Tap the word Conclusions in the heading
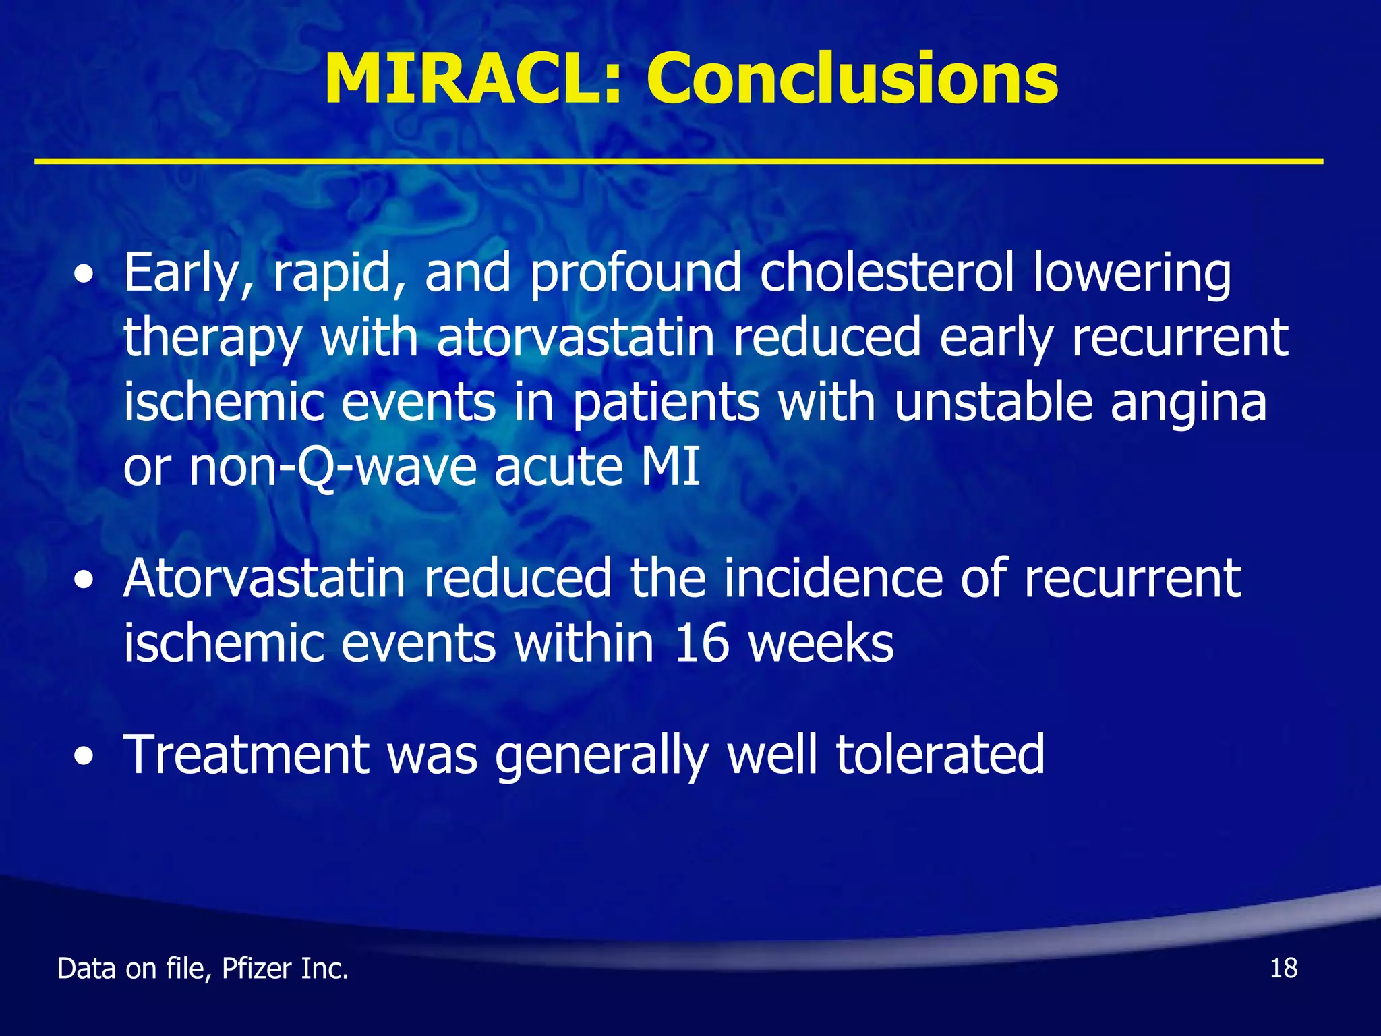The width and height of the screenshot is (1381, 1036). point(852,80)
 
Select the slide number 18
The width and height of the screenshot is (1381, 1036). point(1283,969)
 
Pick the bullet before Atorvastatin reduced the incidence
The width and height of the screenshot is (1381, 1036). point(84,580)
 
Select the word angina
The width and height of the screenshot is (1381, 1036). point(1188,403)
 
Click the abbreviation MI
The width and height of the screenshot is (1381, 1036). point(670,467)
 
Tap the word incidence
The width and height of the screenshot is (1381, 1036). point(832,578)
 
